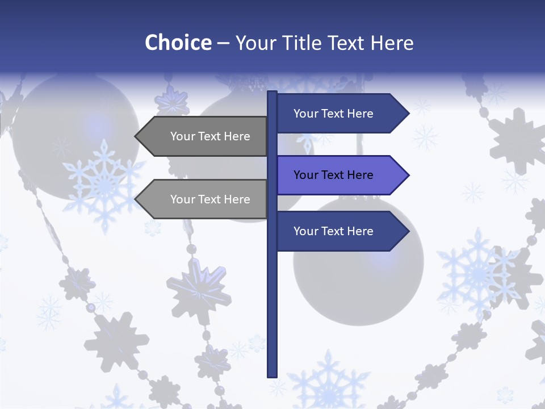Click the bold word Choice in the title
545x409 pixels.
[x=178, y=43]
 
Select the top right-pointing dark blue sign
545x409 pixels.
[x=335, y=113]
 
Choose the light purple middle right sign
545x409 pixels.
[x=335, y=175]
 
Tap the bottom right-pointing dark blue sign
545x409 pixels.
[x=335, y=231]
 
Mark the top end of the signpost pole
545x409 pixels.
[x=272, y=93]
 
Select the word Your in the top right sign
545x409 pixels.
[x=306, y=114]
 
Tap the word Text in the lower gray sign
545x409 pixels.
[x=210, y=199]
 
